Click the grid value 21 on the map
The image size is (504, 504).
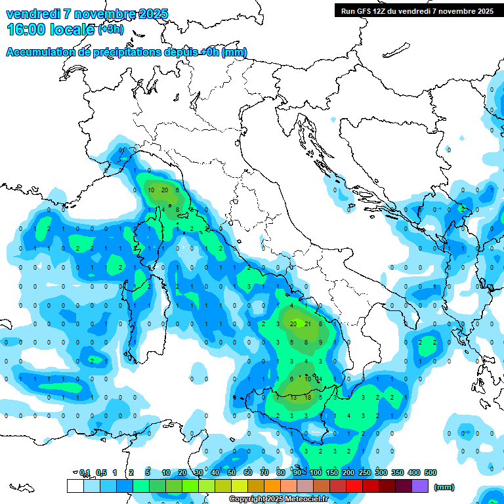(x=307, y=324)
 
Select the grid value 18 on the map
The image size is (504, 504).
(x=307, y=397)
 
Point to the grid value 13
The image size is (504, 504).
(x=293, y=397)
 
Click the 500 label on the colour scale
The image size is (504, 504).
(x=430, y=472)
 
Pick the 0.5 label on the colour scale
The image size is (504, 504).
(x=101, y=472)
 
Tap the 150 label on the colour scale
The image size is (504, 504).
(x=332, y=472)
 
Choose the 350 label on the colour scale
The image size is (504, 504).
(x=397, y=472)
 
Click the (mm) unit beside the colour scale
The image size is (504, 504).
(x=445, y=487)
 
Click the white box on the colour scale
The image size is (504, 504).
(x=75, y=486)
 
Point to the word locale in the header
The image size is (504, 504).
(x=73, y=29)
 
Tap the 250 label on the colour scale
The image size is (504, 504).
(x=365, y=472)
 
